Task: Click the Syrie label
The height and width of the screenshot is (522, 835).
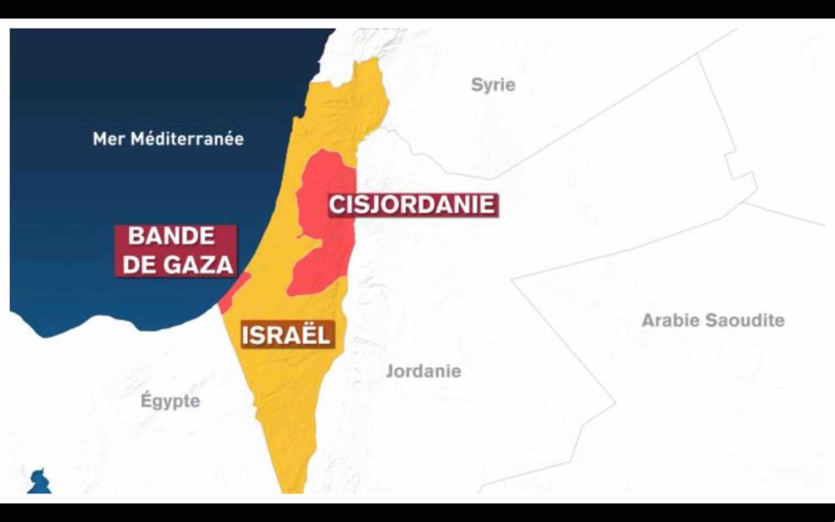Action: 493,85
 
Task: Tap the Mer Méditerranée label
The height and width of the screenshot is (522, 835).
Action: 168,139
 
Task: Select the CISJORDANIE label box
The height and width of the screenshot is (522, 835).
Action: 412,204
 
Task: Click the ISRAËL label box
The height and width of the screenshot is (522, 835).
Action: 285,334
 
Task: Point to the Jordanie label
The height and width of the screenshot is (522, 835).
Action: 423,371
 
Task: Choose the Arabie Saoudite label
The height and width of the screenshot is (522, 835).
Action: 713,321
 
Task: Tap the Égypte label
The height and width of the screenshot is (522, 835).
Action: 170,400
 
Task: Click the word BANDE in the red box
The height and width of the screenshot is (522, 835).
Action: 172,237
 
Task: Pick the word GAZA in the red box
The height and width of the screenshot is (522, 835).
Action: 201,264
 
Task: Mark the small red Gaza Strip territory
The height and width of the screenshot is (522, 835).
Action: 232,294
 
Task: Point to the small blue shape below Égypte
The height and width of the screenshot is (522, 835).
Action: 38,482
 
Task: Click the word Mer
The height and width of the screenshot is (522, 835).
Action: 108,139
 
